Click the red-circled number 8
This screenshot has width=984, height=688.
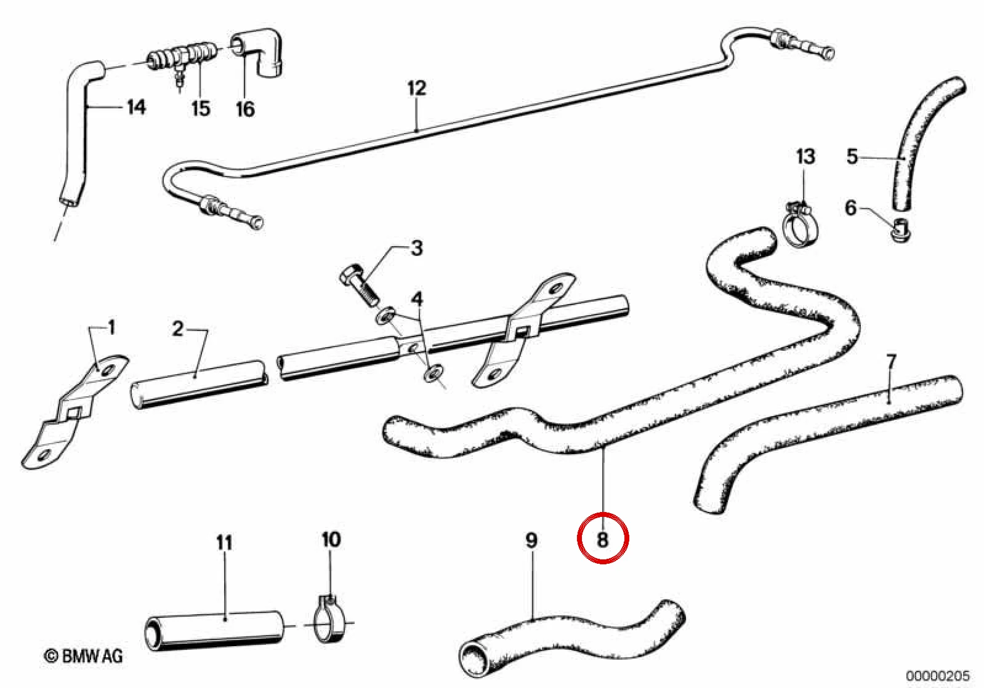tap(602, 538)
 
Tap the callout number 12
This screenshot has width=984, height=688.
tap(416, 88)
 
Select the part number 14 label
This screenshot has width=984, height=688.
tap(136, 106)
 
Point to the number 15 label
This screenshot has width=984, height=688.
tap(201, 108)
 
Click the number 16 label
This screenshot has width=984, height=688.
tap(245, 108)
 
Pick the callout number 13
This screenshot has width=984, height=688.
tap(805, 157)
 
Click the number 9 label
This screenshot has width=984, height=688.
tap(531, 541)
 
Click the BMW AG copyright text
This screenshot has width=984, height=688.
tap(84, 657)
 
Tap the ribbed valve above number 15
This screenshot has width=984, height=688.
tap(181, 60)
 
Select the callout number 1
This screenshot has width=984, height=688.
tap(111, 327)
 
